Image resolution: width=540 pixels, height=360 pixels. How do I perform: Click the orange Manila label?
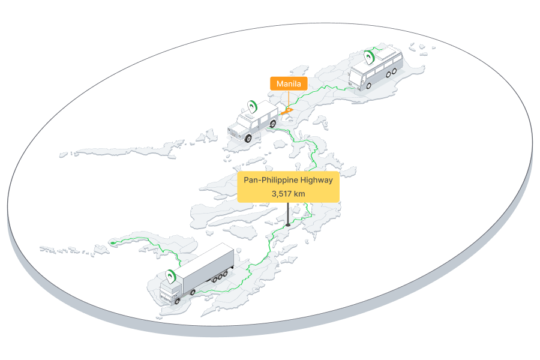click(x=289, y=83)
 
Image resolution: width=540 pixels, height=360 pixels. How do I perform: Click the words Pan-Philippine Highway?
click(x=288, y=179)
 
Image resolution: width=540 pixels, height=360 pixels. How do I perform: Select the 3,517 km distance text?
click(x=288, y=194)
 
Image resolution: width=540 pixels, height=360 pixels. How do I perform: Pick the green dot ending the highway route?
click(x=112, y=242)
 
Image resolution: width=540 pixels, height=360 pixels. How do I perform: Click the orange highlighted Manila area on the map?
click(x=287, y=110)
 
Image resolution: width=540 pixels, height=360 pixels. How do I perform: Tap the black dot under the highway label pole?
click(x=288, y=225)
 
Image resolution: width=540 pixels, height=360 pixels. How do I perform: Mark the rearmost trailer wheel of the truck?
click(x=227, y=274)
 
